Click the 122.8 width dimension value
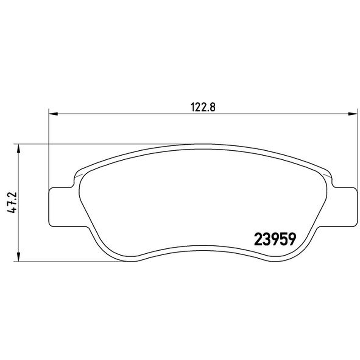(x=203, y=107)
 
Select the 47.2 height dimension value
(x=12, y=202)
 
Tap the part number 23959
(x=275, y=239)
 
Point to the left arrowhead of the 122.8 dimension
(x=53, y=114)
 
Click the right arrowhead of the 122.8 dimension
(x=353, y=114)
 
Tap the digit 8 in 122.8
(x=212, y=107)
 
